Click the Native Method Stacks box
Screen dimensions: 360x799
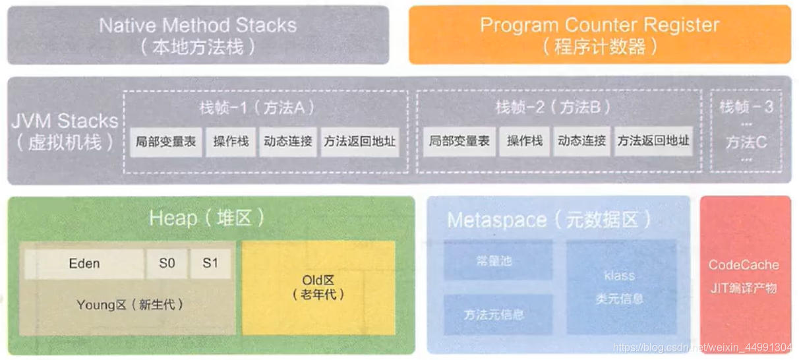point(198,35)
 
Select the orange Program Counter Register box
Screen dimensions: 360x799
point(599,35)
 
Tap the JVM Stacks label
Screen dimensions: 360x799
point(64,131)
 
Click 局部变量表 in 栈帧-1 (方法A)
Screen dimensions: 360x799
point(165,142)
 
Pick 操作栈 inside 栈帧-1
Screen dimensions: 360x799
point(231,142)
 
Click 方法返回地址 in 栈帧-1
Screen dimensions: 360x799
point(360,142)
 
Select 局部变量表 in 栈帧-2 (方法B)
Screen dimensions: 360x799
point(459,142)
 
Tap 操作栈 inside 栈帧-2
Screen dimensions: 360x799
point(524,142)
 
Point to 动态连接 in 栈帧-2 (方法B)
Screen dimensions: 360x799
point(581,142)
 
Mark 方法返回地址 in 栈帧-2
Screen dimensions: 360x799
point(653,142)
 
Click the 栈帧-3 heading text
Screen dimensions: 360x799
point(746,107)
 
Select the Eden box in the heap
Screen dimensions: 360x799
point(84,264)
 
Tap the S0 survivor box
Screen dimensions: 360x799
point(167,264)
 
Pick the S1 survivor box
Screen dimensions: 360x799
point(210,264)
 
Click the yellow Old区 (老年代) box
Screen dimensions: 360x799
point(318,289)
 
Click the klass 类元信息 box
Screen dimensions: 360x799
point(620,287)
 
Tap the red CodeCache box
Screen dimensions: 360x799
point(744,276)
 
